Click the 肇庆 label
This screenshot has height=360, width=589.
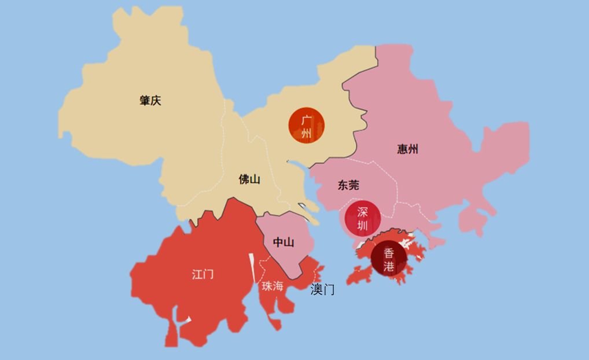[x=150, y=101]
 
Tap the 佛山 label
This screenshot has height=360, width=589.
[x=249, y=179]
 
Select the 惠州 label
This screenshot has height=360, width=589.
[x=407, y=149]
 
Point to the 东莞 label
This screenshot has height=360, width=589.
[x=348, y=185]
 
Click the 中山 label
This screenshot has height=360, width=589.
[x=283, y=243]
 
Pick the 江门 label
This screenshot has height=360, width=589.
[x=203, y=274]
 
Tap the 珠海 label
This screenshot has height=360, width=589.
[x=273, y=286]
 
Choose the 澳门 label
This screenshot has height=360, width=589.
[x=322, y=290]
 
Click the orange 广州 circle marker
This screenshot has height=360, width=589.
[x=307, y=126]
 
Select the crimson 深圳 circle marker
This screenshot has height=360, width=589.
[x=362, y=218]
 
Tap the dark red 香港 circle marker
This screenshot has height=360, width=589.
[x=389, y=260]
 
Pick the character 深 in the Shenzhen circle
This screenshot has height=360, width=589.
[x=362, y=211]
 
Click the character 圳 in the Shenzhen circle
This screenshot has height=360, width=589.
[x=362, y=225]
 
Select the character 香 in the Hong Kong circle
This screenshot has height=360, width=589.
[x=389, y=253]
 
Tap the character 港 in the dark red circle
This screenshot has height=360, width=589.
[x=389, y=267]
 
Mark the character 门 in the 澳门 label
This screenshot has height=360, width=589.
[x=329, y=290]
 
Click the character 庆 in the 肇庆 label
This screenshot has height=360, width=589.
[x=156, y=101]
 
